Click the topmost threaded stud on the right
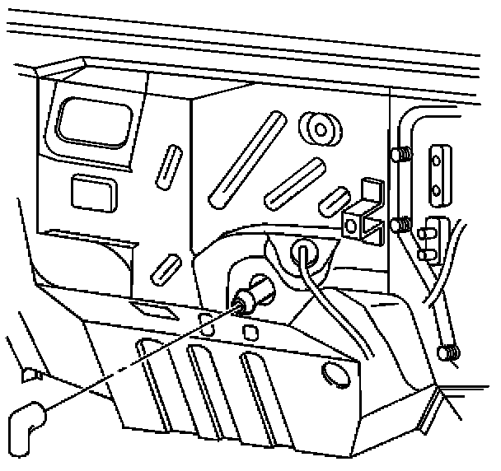(402, 154)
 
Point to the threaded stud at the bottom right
(449, 352)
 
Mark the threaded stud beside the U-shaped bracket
(402, 224)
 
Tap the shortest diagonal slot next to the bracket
(335, 199)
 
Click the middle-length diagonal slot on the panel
(293, 182)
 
